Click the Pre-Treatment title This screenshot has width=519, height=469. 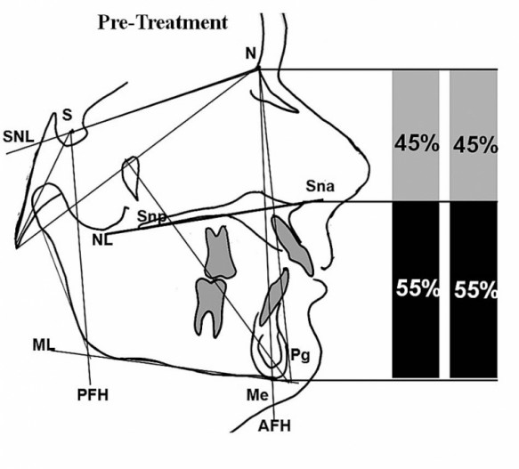click(x=163, y=23)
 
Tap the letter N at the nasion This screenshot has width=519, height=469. click(x=251, y=53)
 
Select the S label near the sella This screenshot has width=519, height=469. click(x=67, y=115)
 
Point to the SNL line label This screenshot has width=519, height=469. click(x=19, y=137)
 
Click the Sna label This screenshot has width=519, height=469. click(x=320, y=186)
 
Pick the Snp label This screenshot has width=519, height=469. click(x=151, y=217)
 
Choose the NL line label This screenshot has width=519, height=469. click(x=102, y=239)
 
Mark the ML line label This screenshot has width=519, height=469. click(x=44, y=345)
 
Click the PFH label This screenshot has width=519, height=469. click(x=93, y=395)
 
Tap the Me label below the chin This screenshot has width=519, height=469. click(x=257, y=395)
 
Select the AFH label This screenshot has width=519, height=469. click(x=274, y=425)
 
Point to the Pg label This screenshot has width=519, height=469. click(x=300, y=355)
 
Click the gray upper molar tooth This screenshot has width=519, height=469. click(x=219, y=253)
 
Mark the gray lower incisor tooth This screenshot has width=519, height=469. click(x=274, y=297)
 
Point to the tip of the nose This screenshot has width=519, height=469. click(x=368, y=169)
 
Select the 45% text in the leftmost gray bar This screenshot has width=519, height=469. click(x=417, y=144)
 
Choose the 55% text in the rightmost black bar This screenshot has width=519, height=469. click(x=475, y=290)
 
